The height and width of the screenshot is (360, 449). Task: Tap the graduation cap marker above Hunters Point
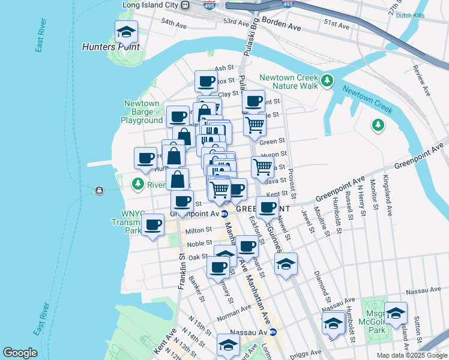click(126, 31)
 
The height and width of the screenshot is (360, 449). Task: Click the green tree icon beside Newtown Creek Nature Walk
click(327, 80)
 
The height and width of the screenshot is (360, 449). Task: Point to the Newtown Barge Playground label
click(142, 112)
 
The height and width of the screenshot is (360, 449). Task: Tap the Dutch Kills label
click(411, 16)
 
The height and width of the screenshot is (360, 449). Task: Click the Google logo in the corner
click(20, 352)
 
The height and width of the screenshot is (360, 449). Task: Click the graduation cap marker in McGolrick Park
click(396, 313)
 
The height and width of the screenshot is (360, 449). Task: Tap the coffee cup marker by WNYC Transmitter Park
click(153, 224)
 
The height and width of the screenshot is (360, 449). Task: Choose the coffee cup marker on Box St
click(206, 81)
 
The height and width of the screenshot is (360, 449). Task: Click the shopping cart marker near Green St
click(255, 125)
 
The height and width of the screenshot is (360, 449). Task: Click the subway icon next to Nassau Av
click(273, 332)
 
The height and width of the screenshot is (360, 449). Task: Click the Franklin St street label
click(179, 271)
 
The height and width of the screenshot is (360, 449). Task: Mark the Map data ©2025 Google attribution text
click(411, 355)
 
